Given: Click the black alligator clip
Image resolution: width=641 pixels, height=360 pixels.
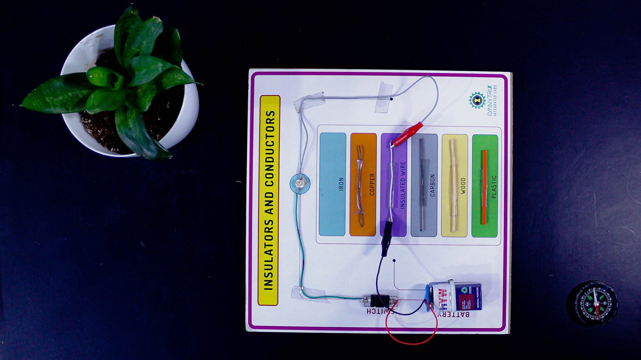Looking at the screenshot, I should (387, 237).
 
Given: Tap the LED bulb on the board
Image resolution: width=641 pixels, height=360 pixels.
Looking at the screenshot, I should (300, 184).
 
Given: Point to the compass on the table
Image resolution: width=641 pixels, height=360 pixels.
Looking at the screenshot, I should (592, 303).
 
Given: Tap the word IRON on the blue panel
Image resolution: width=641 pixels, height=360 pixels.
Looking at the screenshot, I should (341, 184).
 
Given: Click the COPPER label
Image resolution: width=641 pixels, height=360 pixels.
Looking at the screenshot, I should (372, 185).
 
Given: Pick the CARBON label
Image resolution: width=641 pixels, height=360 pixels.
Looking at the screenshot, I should (433, 185).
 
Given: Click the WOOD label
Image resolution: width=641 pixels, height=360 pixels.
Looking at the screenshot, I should (463, 186).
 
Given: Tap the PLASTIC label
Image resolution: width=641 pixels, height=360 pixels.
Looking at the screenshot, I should (494, 187).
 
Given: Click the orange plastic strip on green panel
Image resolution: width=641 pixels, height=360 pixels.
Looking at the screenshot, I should (484, 186).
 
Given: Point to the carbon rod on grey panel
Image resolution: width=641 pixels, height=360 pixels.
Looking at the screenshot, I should (421, 185).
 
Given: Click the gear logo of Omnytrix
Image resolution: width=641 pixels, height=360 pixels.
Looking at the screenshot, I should (477, 100).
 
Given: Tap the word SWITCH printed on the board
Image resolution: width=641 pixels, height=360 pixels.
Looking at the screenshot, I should (380, 311).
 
